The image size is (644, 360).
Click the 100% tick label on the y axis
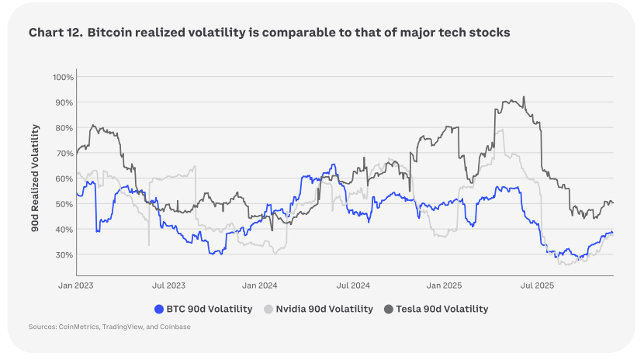tap(63, 78)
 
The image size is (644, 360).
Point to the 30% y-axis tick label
tap(64, 255)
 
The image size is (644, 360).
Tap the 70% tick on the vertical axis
tap(64, 154)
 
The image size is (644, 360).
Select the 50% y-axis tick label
tap(64, 204)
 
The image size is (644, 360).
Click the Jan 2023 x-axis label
tap(76, 286)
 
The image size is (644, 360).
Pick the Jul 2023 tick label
tap(168, 286)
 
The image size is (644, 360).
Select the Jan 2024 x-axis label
tap(261, 286)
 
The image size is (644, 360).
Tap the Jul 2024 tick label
tap(353, 286)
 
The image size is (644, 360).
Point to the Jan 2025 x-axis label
tap(445, 286)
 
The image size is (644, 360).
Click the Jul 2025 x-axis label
tap(538, 286)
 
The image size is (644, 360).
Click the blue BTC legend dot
tap(160, 309)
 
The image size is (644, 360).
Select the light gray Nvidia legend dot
tap(268, 309)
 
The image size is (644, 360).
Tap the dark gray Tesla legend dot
tap(389, 309)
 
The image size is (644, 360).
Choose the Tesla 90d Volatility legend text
tap(443, 309)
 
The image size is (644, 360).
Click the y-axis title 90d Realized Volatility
tap(36, 176)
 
